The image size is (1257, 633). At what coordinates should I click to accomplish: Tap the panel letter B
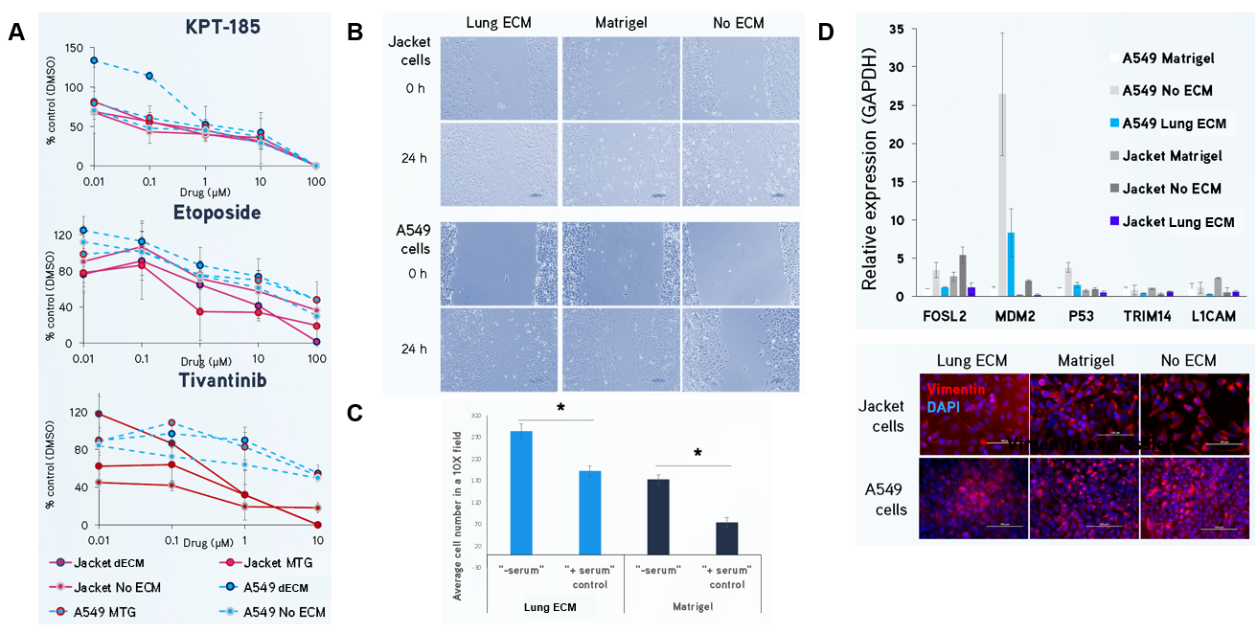click(x=354, y=31)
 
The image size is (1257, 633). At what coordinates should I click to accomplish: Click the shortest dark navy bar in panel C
click(x=726, y=537)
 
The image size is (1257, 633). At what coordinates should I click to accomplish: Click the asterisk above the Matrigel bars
click(x=697, y=453)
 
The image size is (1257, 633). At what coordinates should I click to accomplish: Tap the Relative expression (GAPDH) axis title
click(x=870, y=162)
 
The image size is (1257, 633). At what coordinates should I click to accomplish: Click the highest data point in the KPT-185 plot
click(x=94, y=60)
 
